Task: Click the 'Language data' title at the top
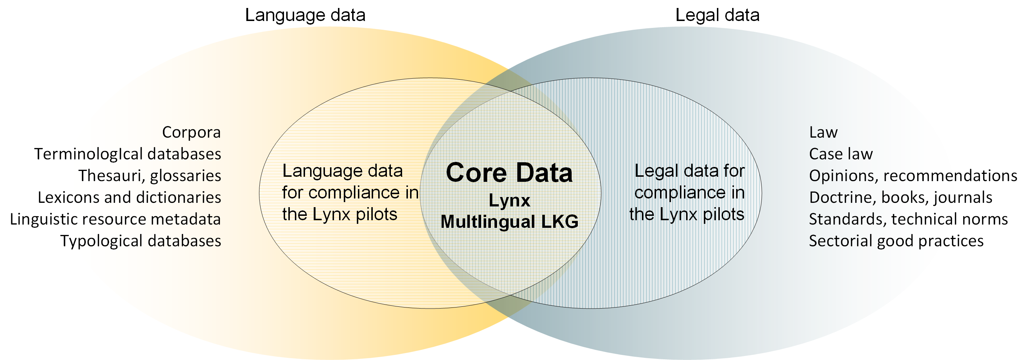(x=305, y=15)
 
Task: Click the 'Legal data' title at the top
(x=717, y=15)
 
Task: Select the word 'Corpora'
(x=191, y=132)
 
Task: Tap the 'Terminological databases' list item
(x=128, y=154)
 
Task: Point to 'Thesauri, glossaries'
(x=150, y=176)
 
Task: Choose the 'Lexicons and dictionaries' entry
(x=129, y=197)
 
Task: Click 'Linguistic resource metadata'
(x=115, y=219)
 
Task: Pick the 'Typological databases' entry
(x=141, y=241)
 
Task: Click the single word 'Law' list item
(x=823, y=132)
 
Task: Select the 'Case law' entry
(x=840, y=154)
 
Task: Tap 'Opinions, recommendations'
(x=913, y=176)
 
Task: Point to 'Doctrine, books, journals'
(x=900, y=197)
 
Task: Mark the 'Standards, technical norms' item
(x=908, y=219)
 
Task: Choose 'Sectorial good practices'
(x=896, y=241)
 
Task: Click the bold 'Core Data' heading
(x=509, y=173)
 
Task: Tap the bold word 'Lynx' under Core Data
(x=509, y=200)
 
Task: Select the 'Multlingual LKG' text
(x=509, y=222)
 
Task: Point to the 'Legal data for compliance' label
(x=688, y=193)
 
